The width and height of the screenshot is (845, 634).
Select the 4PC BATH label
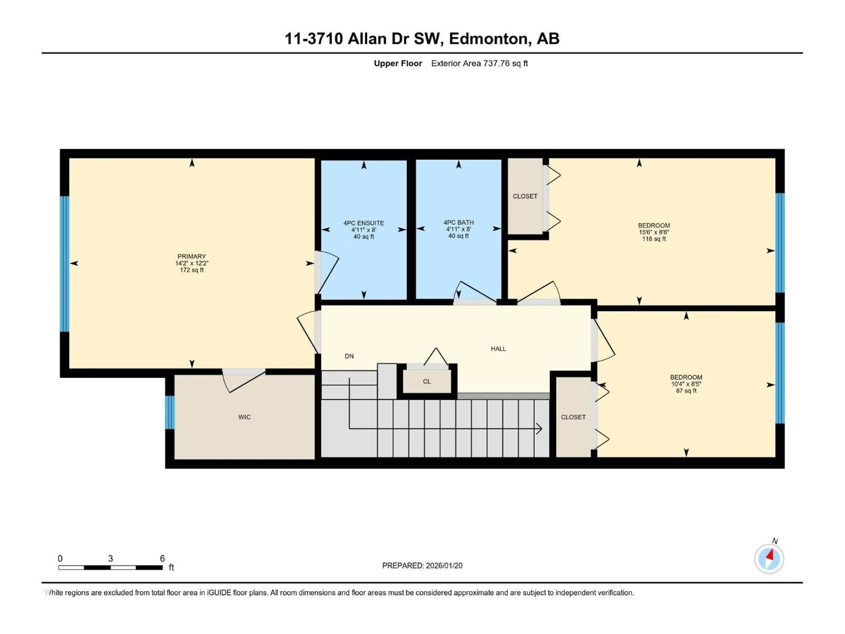[x=458, y=222]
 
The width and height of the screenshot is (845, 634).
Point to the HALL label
[x=498, y=348]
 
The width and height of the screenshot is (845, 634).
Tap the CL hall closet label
[x=427, y=382]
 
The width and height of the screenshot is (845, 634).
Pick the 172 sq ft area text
[x=191, y=270]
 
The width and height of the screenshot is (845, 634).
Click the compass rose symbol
[x=769, y=559]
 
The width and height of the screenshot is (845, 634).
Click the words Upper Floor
[x=398, y=63]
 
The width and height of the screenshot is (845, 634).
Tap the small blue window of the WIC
[x=170, y=412]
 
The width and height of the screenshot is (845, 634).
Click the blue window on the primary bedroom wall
[x=64, y=264]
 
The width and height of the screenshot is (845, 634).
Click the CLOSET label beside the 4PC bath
[x=525, y=196]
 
